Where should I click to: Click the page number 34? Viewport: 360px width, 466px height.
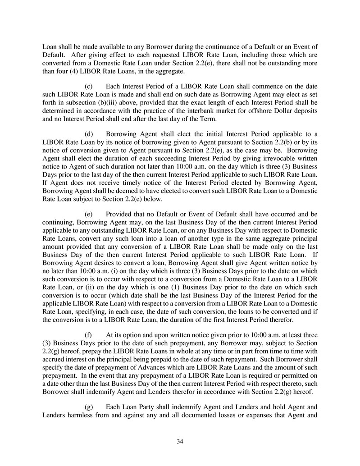coord(180,441)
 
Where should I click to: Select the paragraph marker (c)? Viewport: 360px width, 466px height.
coord(89,86)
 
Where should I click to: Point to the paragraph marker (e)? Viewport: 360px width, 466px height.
coord(89,214)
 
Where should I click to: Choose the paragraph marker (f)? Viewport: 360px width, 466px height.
coord(89,335)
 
